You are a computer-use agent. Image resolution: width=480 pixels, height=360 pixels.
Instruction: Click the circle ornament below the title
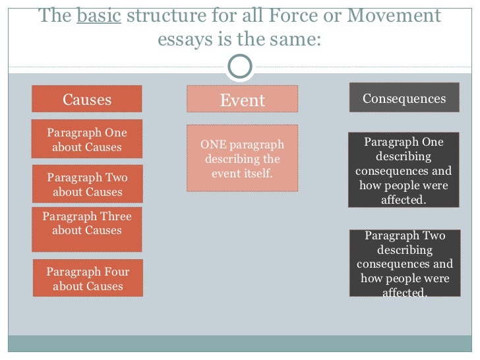[x=239, y=66]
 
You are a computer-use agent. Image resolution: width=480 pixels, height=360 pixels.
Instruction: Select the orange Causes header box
[x=87, y=100]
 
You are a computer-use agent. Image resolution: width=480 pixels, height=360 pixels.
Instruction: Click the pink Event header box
[x=242, y=100]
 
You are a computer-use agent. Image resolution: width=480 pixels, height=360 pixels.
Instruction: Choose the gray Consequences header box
[x=404, y=98]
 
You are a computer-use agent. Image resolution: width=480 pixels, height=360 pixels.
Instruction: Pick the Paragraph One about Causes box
[x=87, y=139]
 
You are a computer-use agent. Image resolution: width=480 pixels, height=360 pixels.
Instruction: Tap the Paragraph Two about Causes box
[x=87, y=184]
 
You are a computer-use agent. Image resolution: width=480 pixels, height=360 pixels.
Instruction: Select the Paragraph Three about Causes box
[x=87, y=229]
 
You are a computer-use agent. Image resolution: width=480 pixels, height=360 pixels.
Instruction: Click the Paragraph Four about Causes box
[x=87, y=278]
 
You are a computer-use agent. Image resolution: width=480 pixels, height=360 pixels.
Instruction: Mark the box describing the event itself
[x=242, y=158]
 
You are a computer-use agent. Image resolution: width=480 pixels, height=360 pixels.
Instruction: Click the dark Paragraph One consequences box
[x=404, y=171]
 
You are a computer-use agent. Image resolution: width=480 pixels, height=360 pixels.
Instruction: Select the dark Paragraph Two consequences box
[x=404, y=263]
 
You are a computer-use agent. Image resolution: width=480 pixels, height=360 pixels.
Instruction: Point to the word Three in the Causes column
[x=115, y=216]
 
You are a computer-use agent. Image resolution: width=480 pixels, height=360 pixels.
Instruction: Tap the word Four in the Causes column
[x=115, y=272]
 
